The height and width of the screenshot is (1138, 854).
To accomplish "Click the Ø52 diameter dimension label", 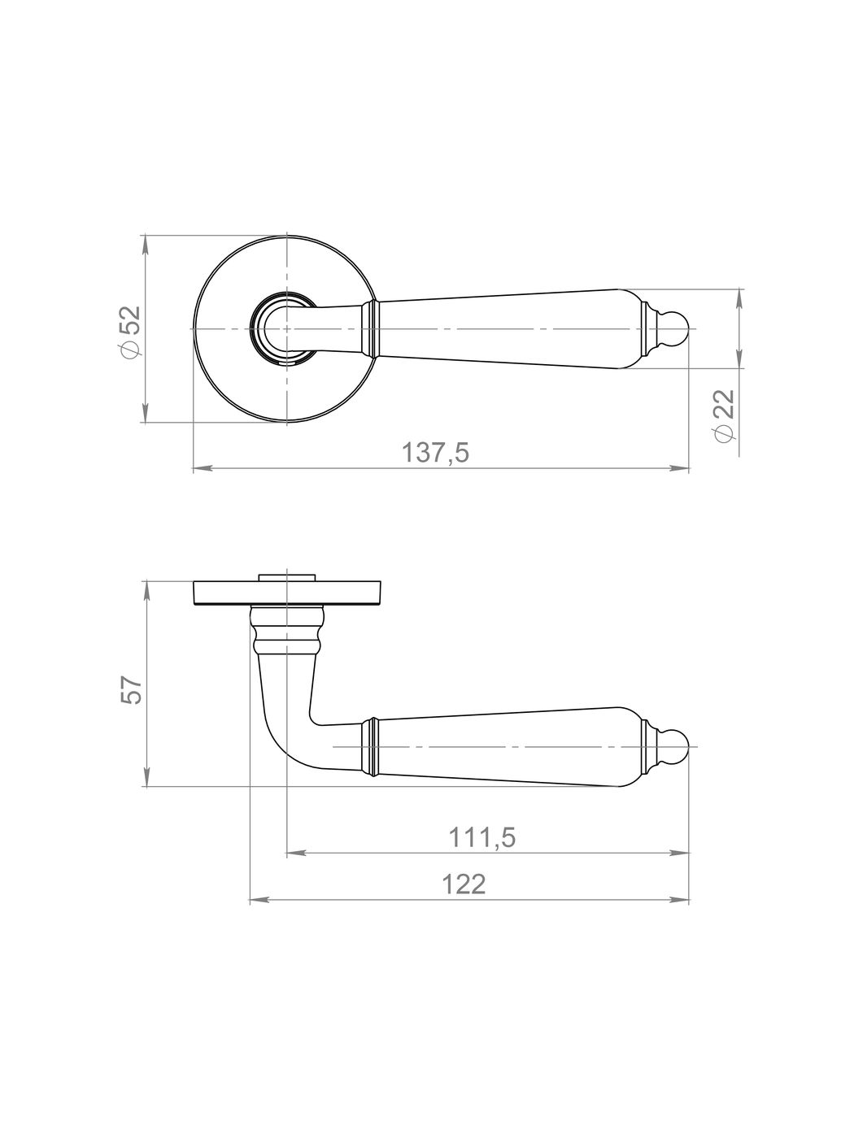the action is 129,332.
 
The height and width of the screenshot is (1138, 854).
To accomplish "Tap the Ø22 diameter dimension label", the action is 725,415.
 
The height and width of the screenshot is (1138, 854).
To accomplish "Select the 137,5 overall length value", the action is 436,453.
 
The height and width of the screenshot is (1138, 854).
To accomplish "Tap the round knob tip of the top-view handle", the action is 678,328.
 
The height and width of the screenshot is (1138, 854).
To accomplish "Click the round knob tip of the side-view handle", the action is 678,746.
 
